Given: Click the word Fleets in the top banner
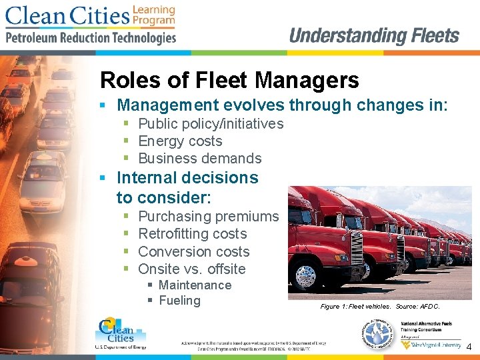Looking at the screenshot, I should [426, 36].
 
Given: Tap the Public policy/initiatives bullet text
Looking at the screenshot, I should [211, 124].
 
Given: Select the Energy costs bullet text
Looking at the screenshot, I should [180, 141].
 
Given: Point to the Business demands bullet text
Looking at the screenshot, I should [199, 159].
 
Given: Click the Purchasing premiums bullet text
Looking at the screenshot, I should [208, 217].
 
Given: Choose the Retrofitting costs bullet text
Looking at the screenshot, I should [192, 234].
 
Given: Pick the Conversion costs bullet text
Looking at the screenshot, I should [193, 252].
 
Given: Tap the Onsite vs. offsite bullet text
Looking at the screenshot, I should [191, 269].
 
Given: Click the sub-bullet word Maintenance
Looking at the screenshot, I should [195, 285].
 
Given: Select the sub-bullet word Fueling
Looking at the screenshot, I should [179, 301].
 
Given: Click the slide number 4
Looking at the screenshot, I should [469, 347].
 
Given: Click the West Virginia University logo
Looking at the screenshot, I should [437, 345].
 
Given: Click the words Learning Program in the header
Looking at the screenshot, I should [153, 15].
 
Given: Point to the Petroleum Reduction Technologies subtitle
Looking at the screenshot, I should [91, 38].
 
